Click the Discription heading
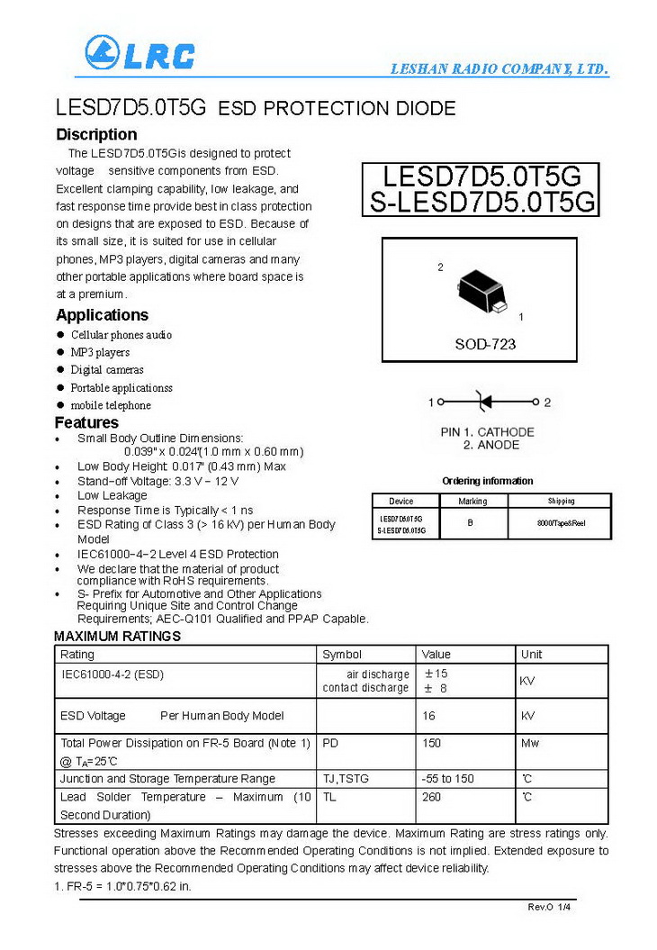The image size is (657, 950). [x=96, y=135]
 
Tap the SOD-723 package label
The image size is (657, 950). [x=485, y=344]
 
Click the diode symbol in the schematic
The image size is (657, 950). [x=484, y=402]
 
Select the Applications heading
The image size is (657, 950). [x=102, y=315]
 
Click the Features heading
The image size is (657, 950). [x=86, y=422]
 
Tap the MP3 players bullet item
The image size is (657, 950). [x=100, y=352]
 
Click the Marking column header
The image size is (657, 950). [x=472, y=502]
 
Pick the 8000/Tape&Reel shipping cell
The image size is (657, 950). [x=559, y=522]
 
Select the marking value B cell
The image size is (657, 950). [x=470, y=522]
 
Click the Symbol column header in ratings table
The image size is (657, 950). [x=342, y=655]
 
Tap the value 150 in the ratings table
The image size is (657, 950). [x=432, y=743]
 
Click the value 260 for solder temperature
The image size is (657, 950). [x=432, y=797]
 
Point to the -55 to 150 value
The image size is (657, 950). [x=447, y=778]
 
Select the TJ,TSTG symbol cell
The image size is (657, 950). [x=346, y=778]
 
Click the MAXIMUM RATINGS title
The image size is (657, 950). [x=117, y=637]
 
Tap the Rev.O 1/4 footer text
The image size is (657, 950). [x=549, y=907]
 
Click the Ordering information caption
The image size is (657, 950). [x=488, y=481]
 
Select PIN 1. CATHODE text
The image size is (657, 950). [x=487, y=432]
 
